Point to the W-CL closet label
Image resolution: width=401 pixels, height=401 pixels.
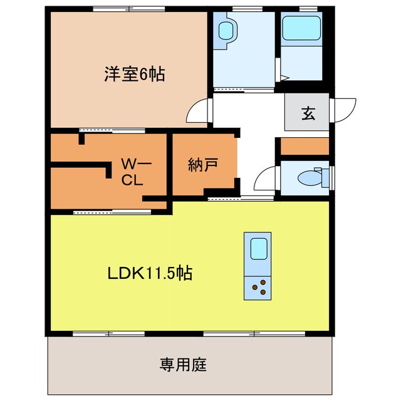[x=134, y=172]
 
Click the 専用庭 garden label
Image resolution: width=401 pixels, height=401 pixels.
[x=183, y=363]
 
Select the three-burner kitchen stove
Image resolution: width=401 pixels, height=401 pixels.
[x=258, y=287]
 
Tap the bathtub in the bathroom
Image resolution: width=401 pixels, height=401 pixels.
[x=301, y=28]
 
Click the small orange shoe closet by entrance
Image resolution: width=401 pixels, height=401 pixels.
[x=305, y=146]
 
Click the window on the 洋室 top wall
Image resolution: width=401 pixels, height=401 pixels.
[x=129, y=8]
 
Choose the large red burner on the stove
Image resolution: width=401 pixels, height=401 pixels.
[x=256, y=289]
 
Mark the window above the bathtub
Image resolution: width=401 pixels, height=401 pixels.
[x=302, y=8]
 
